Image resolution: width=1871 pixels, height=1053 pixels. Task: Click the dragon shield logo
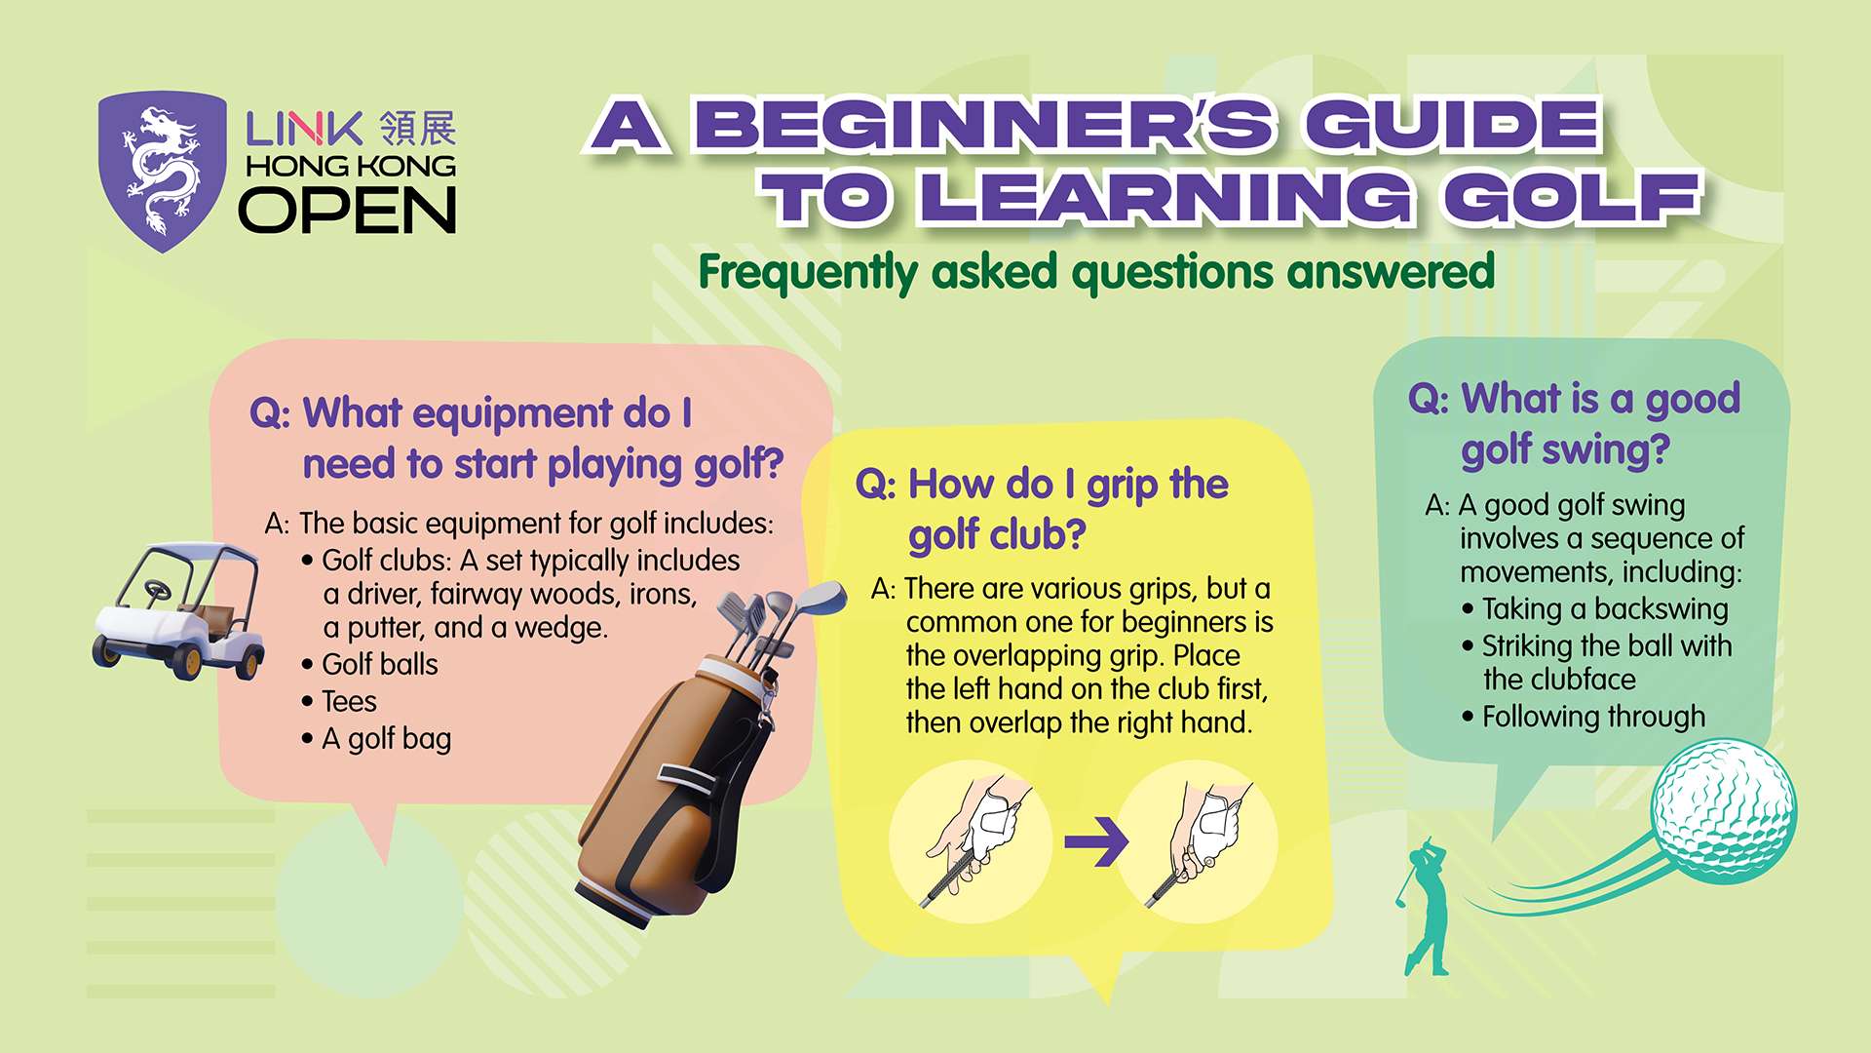(163, 172)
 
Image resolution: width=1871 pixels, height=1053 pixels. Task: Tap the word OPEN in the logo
(348, 211)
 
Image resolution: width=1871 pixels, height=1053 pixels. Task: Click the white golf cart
(180, 609)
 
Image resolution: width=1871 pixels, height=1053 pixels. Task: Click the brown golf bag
(682, 770)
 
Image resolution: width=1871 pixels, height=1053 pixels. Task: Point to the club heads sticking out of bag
(780, 614)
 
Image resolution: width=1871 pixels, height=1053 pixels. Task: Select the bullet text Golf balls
(379, 664)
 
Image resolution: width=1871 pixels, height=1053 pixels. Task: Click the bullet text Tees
(349, 701)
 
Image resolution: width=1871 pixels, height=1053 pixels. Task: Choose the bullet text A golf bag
(386, 739)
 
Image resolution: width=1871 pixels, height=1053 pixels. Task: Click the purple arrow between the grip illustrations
(1096, 841)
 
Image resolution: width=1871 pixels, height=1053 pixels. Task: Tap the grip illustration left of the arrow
(971, 840)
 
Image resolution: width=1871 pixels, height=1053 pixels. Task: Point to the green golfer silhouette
(1425, 907)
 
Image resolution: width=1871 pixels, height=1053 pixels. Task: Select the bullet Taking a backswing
(1605, 609)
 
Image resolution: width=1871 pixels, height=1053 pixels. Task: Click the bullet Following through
(1593, 717)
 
